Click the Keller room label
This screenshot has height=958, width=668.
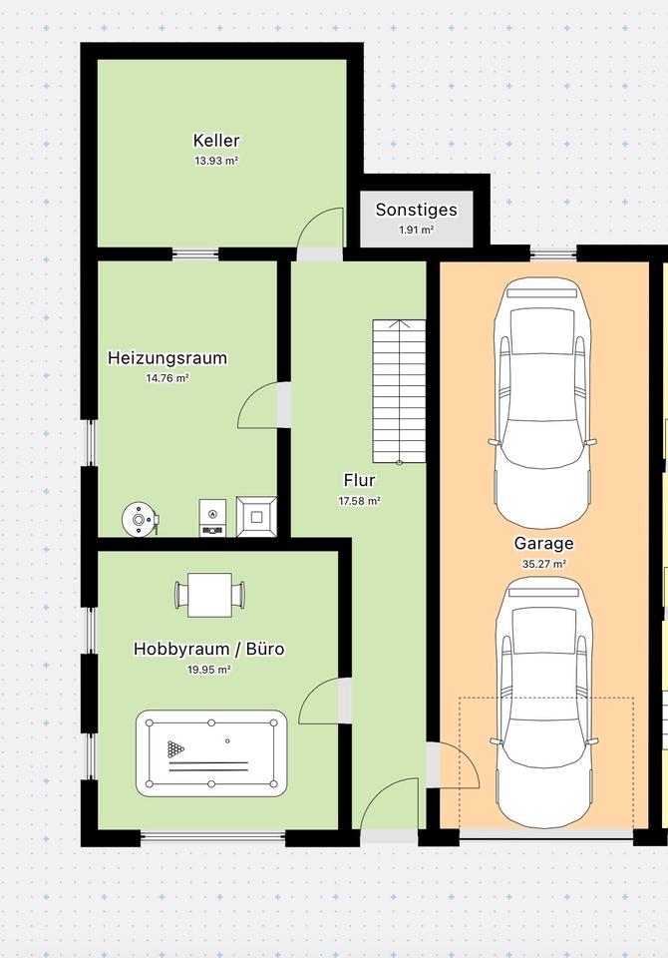click(x=216, y=141)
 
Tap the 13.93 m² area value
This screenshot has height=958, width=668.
click(x=216, y=162)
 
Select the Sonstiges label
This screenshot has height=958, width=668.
click(x=416, y=211)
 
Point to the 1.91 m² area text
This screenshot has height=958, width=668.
click(x=416, y=231)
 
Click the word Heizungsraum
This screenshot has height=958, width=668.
click(x=167, y=358)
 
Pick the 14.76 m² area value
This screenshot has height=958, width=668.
click(x=167, y=378)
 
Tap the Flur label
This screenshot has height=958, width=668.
click(x=359, y=480)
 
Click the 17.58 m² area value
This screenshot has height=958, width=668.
click(x=360, y=501)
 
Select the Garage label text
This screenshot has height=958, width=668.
click(x=543, y=544)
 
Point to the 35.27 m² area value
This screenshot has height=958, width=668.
click(x=543, y=565)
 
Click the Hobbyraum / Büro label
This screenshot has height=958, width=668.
click(x=208, y=649)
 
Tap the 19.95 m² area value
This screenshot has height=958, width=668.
click(x=208, y=670)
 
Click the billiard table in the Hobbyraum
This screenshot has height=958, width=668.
click(x=211, y=753)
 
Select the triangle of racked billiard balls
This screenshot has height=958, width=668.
click(x=175, y=749)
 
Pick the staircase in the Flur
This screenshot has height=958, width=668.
click(x=400, y=391)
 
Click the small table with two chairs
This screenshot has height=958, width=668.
click(x=209, y=595)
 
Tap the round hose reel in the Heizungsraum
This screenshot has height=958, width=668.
click(x=140, y=520)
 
